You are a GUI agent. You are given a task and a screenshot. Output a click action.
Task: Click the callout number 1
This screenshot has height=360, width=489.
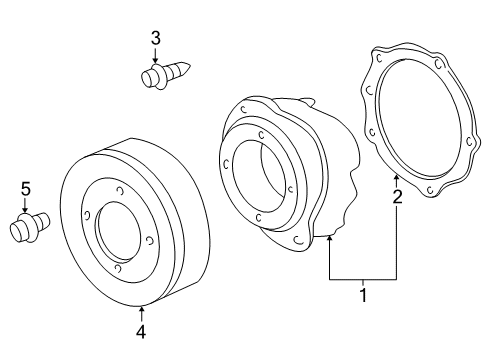tap(363, 295)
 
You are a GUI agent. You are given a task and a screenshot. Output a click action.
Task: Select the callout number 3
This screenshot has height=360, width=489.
tap(155, 38)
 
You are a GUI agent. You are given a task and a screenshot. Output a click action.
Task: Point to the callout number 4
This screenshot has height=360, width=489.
tap(140, 331)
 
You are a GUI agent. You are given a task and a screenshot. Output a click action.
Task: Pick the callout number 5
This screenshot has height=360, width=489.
tap(25, 187)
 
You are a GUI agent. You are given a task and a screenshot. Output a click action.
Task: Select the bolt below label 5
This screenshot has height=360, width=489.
tap(30, 225)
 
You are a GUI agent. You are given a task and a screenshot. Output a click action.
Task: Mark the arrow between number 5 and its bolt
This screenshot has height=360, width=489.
tap(25, 203)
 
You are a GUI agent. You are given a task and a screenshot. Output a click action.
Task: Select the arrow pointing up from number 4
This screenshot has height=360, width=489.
tap(140, 311)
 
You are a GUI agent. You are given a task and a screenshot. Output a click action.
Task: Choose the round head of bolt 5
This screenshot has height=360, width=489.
tap(19, 231)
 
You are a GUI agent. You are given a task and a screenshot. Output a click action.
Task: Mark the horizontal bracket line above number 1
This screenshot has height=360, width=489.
tap(363, 278)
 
